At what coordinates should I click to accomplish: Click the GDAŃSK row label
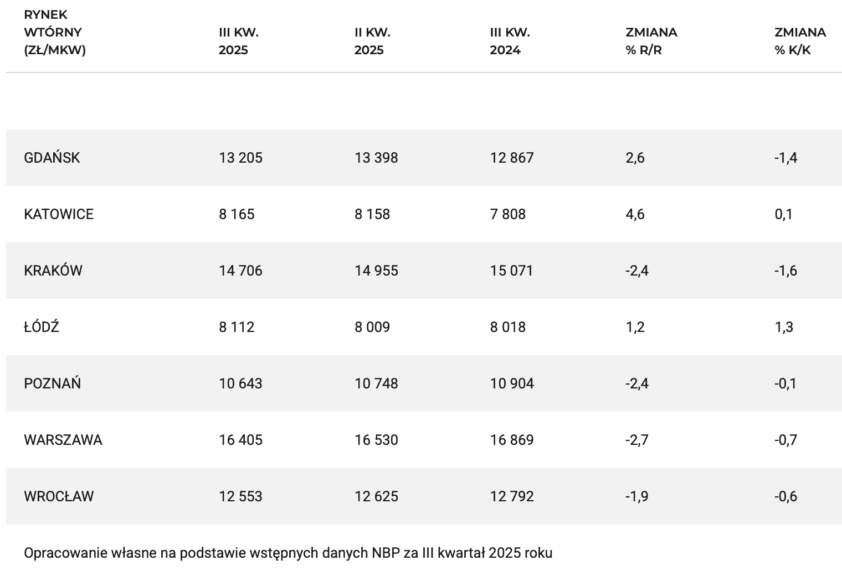click(x=52, y=158)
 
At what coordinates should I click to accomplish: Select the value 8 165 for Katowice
click(x=237, y=214)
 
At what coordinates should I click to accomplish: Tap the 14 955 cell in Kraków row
click(x=376, y=271)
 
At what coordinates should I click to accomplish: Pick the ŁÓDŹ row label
click(x=42, y=327)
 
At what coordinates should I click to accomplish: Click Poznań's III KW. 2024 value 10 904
click(x=512, y=383)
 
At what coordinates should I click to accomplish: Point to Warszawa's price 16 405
click(x=240, y=440)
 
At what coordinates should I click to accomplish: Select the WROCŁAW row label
click(x=59, y=496)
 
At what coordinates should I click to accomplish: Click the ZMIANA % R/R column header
click(x=651, y=41)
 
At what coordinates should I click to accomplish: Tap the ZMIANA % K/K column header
click(x=800, y=41)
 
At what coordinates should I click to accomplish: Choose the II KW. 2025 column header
click(x=372, y=41)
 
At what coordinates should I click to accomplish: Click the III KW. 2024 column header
click(x=510, y=41)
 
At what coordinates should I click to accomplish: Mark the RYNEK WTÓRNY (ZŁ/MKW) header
click(x=55, y=32)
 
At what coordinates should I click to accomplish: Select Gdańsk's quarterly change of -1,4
click(x=785, y=158)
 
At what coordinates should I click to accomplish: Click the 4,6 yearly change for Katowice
click(x=635, y=214)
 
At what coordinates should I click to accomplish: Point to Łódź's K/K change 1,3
click(x=784, y=327)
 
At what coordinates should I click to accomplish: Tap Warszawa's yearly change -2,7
click(x=637, y=440)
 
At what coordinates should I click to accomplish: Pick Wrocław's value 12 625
click(x=376, y=496)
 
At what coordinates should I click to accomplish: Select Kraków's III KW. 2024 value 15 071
click(x=511, y=271)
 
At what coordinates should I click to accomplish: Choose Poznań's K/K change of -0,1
click(x=785, y=383)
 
